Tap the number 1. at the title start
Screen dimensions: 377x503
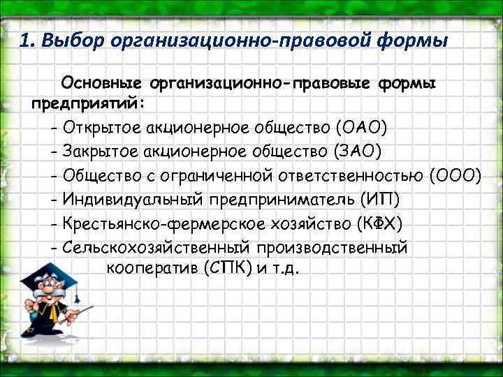pos(27,40)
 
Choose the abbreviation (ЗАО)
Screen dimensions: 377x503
pos(358,151)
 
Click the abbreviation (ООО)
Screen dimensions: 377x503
pos(455,175)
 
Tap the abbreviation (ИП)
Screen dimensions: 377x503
pos(380,200)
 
